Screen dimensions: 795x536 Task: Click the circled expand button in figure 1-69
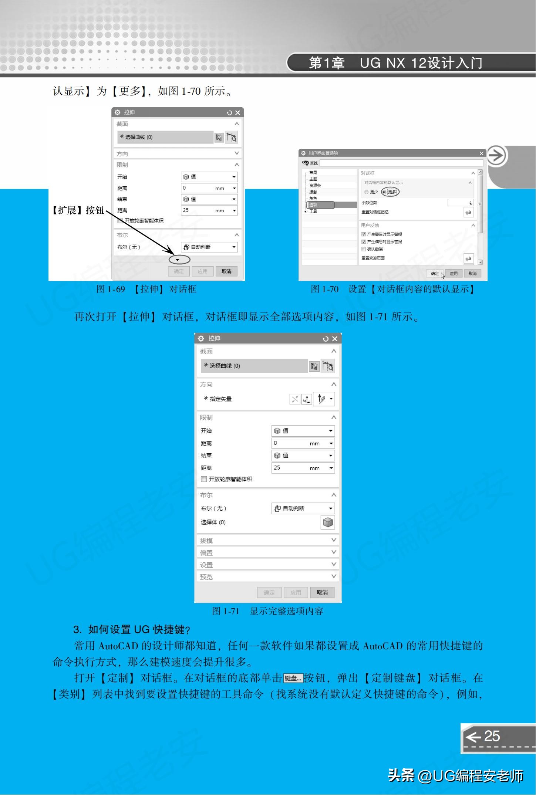coord(179,260)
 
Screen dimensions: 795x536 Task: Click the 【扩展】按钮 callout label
coord(78,210)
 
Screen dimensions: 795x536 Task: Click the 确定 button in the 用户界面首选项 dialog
coord(435,274)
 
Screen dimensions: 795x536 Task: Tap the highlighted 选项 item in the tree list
coord(320,205)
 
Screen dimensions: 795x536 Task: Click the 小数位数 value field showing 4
coord(460,203)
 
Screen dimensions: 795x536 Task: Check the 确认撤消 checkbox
coord(364,249)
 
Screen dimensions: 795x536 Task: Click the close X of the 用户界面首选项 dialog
coord(481,153)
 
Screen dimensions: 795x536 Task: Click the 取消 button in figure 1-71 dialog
coord(322,592)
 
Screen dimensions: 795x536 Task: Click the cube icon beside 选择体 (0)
coord(327,522)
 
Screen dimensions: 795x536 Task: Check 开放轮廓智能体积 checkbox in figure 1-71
coord(204,479)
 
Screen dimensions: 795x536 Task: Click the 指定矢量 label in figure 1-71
coord(220,399)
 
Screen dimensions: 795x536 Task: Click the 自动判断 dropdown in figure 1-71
coord(303,508)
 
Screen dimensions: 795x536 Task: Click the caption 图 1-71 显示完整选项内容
coord(267,611)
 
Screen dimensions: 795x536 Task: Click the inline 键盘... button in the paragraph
coord(293,678)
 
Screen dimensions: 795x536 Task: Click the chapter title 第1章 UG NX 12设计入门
coord(395,63)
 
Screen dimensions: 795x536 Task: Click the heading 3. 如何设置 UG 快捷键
coord(131,629)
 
